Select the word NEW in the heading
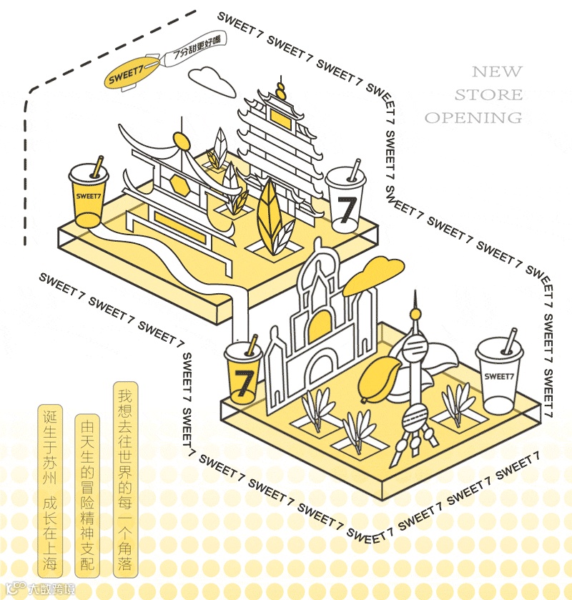click(x=497, y=72)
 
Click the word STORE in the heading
click(x=488, y=94)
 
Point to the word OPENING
click(x=473, y=117)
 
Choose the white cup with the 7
click(x=346, y=202)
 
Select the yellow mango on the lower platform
click(x=377, y=378)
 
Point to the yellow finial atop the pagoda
click(x=281, y=90)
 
